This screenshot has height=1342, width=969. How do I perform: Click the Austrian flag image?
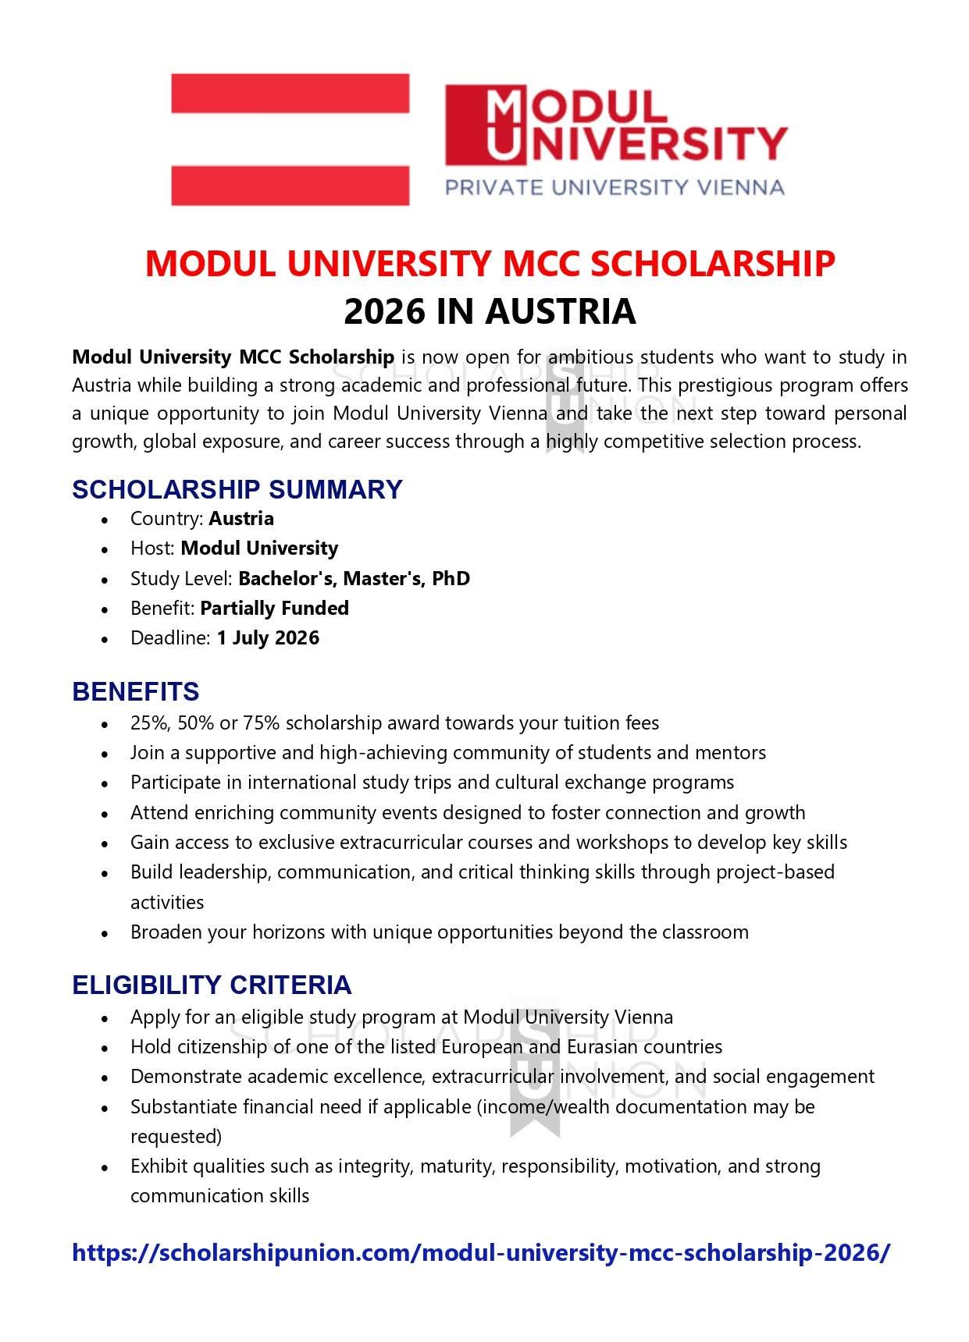tap(290, 140)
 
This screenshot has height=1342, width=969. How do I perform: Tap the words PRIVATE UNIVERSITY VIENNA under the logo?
tap(614, 187)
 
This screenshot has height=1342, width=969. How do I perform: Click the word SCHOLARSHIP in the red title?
tap(712, 264)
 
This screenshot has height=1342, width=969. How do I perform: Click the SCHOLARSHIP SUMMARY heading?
tap(237, 489)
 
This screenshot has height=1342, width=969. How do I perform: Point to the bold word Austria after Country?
tap(241, 519)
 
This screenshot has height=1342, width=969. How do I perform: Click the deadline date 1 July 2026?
tap(268, 638)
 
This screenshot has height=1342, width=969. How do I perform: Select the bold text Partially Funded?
tap(274, 609)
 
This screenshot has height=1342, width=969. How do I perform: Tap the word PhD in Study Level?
tap(451, 579)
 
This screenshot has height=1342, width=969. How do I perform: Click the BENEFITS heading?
tap(135, 692)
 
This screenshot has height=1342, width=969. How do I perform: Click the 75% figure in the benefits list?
tap(261, 723)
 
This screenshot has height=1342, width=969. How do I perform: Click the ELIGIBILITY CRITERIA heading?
tap(212, 985)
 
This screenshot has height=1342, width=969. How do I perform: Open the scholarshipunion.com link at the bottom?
tap(480, 1253)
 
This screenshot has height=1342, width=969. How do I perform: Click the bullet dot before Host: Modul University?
tap(105, 550)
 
